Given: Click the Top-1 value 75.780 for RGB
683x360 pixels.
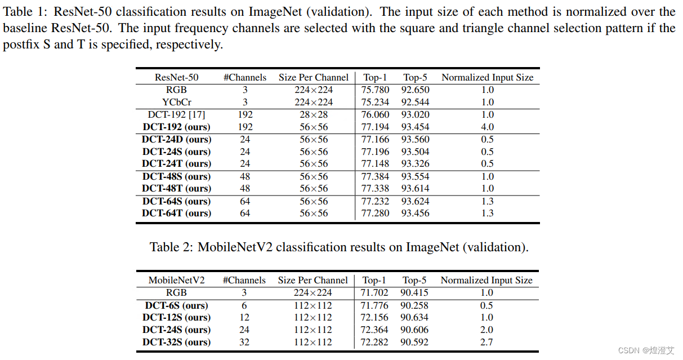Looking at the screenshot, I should pos(375,90).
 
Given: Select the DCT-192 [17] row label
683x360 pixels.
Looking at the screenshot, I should pos(176,115).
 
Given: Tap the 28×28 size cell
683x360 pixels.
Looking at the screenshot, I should pos(314,115).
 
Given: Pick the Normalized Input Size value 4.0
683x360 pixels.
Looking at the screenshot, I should pos(488,127).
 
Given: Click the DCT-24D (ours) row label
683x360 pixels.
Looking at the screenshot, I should pos(176,140).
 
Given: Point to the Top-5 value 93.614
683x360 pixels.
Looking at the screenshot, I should pos(415,189).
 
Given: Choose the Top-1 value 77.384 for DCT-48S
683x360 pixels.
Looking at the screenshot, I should pos(375,177).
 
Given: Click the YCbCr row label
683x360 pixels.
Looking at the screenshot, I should pos(176,103).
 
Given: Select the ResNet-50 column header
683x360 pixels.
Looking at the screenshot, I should pos(176,78).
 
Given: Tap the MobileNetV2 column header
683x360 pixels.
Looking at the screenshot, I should pos(176,280).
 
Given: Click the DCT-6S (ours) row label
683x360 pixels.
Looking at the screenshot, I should pos(176,306).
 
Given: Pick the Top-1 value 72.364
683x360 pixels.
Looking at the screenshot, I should pos(374,330).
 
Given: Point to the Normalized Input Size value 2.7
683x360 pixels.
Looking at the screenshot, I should pos(486,343).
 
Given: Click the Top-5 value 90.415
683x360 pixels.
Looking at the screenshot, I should pos(414,293).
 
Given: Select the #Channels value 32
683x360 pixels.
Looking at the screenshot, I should pos(244,343).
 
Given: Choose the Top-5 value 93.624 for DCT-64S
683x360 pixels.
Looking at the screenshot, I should pos(415,202).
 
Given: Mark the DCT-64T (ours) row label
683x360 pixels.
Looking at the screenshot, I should pos(176,214).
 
